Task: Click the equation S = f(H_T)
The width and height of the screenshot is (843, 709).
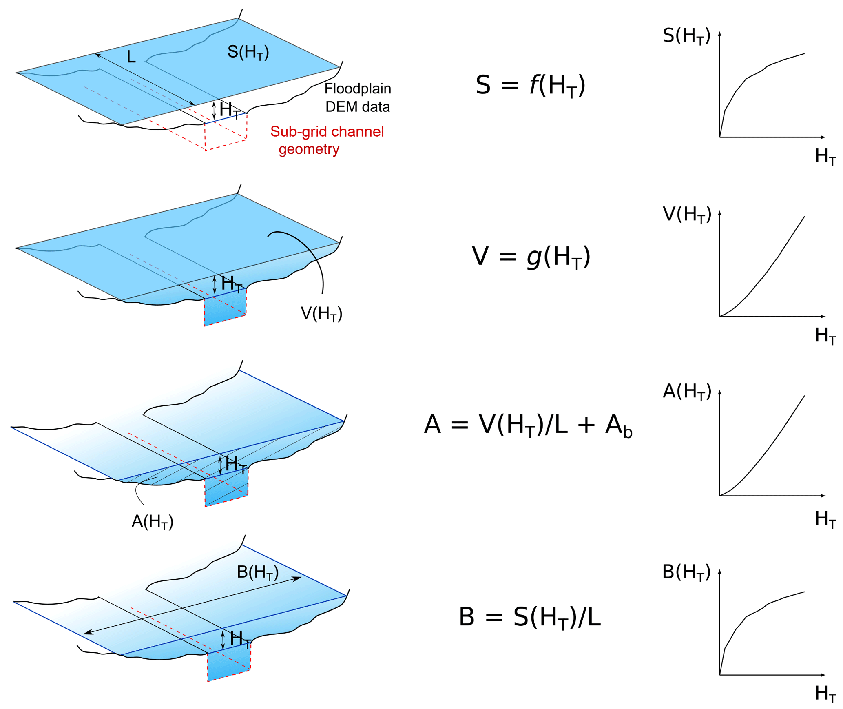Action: (530, 86)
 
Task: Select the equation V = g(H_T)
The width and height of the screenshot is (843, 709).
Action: (531, 257)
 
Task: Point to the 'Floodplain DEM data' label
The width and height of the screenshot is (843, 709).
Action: (357, 98)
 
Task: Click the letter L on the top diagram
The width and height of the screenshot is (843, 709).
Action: (131, 57)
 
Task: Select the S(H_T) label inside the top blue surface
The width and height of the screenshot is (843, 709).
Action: (248, 52)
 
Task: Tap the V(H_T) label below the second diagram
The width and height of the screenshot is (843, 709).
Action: (321, 314)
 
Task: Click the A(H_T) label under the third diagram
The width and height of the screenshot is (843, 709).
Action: (152, 522)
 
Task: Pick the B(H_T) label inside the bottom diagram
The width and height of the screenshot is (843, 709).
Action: (257, 573)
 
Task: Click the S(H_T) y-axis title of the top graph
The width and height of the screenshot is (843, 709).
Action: (686, 36)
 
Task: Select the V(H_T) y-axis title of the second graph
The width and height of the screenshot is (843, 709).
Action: (687, 215)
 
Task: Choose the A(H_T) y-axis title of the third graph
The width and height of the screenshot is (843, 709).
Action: (687, 392)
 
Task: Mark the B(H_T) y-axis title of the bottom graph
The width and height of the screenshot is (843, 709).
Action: (686, 572)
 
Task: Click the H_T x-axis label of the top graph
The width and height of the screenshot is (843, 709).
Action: (825, 157)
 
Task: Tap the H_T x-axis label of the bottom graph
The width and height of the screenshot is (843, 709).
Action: (825, 694)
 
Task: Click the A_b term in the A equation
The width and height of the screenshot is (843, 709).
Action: (618, 425)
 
